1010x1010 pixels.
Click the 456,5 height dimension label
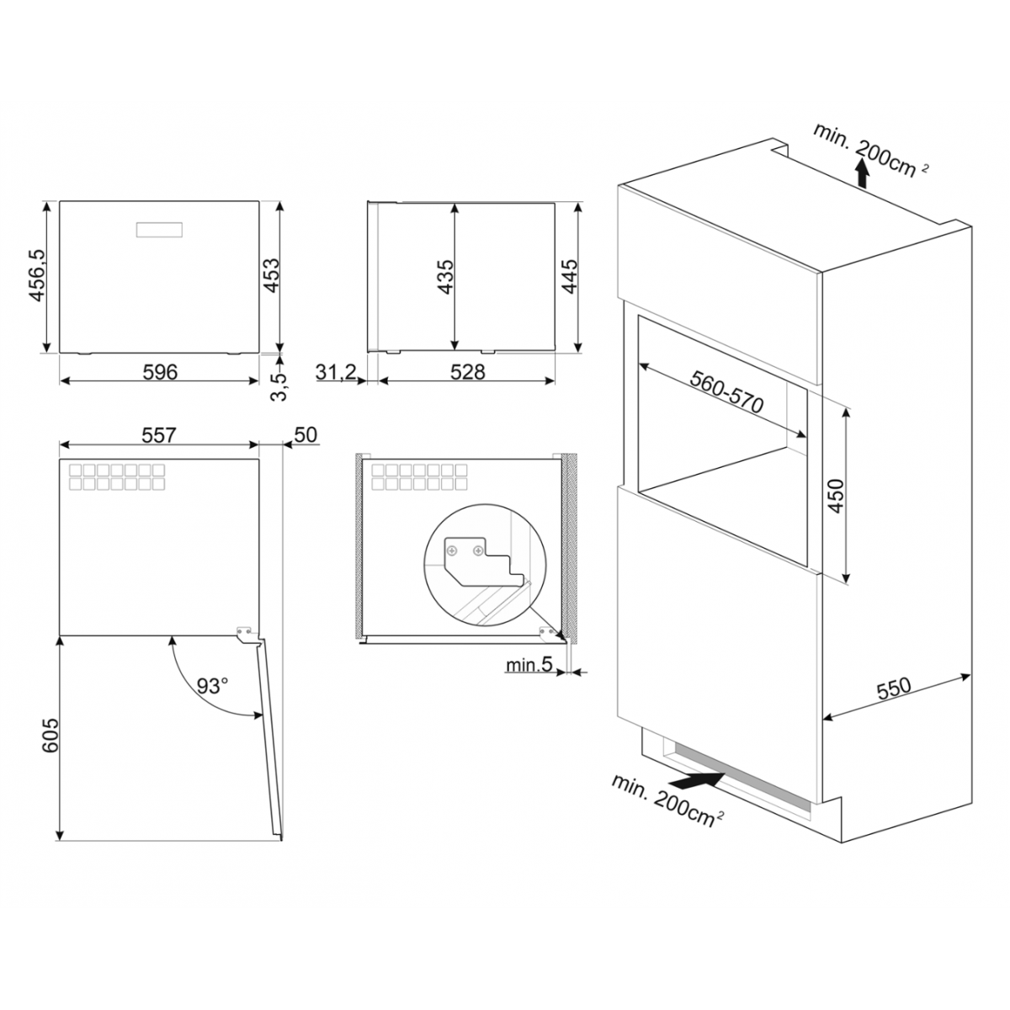point(37,276)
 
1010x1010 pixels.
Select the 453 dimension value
point(271,276)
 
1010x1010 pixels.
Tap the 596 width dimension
point(161,372)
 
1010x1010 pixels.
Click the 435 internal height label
point(445,277)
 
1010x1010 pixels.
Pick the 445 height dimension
point(569,277)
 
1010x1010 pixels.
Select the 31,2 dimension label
point(336,372)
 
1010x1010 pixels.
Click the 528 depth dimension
point(467,372)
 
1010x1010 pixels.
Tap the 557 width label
point(159,435)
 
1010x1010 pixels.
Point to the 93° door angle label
point(213,686)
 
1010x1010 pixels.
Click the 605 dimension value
point(50,736)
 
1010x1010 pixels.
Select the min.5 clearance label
point(529,665)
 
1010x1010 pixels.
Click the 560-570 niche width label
point(726,391)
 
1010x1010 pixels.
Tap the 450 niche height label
point(836,496)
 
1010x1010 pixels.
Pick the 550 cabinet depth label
point(894,688)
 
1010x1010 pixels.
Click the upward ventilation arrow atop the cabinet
point(860,173)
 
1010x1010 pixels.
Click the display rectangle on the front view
point(159,229)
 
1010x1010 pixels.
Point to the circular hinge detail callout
point(485,565)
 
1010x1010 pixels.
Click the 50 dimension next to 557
point(306,435)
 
